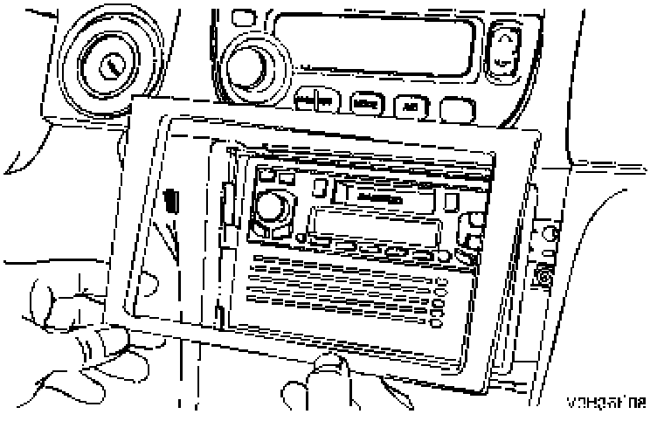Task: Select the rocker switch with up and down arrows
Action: pyautogui.click(x=505, y=49)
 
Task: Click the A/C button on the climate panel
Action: pyautogui.click(x=409, y=107)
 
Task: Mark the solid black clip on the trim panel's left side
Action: pyautogui.click(x=171, y=199)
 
